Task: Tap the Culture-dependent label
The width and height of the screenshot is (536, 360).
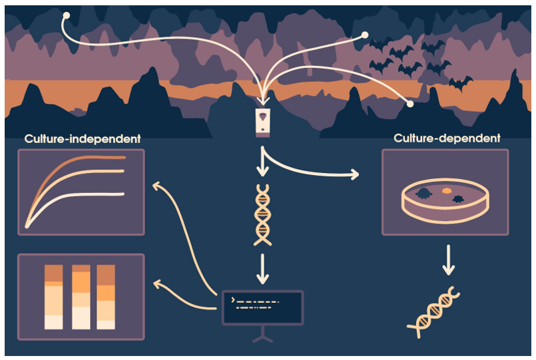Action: point(447,138)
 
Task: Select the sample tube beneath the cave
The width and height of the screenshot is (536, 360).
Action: point(265,122)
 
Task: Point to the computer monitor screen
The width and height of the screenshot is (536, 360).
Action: point(262,307)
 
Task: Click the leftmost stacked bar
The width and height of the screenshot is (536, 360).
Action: point(54,296)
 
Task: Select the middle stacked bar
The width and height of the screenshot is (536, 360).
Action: point(81,296)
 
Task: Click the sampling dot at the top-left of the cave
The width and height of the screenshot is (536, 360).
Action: point(65,15)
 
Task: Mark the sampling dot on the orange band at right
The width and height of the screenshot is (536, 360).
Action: point(410,104)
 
